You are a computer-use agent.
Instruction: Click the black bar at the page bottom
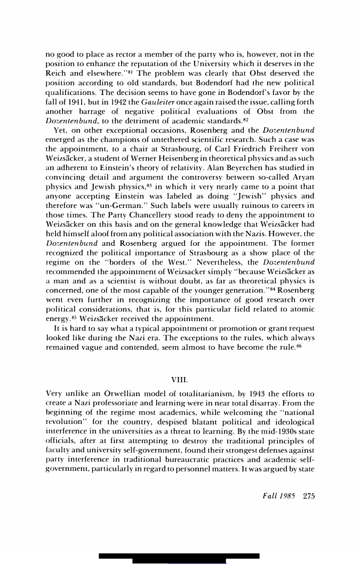coord(179,557)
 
